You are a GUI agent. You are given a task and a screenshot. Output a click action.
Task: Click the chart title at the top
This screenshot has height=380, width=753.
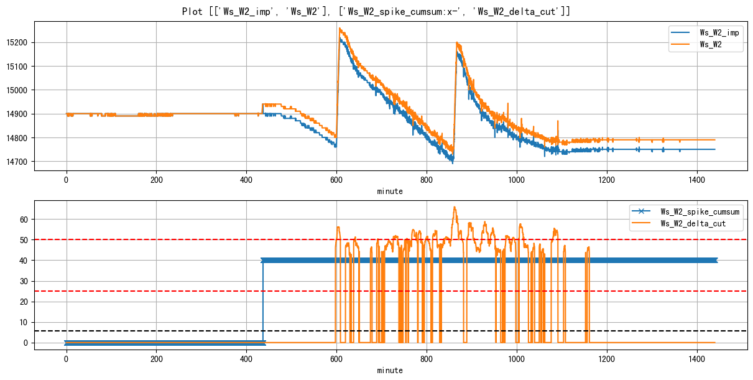click(x=376, y=11)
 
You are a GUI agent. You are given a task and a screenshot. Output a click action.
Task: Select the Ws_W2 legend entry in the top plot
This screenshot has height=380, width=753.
click(x=711, y=45)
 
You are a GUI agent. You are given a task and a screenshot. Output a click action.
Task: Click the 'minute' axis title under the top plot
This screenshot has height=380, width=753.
click(x=390, y=192)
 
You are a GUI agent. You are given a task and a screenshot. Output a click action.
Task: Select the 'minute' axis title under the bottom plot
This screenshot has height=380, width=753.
click(x=390, y=371)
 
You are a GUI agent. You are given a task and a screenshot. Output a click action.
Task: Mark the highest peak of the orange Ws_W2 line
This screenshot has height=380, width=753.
click(x=340, y=28)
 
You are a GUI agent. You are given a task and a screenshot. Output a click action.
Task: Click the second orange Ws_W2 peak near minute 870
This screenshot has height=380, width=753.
click(x=457, y=43)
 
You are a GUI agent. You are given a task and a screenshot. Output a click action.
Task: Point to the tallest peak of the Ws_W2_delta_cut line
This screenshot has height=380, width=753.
click(x=455, y=207)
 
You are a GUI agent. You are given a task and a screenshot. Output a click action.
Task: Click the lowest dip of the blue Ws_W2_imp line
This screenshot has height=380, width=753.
click(x=453, y=163)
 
